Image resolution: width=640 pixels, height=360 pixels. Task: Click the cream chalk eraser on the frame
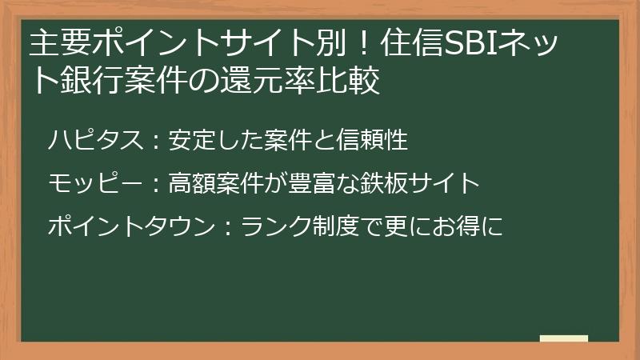point(564,338)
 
